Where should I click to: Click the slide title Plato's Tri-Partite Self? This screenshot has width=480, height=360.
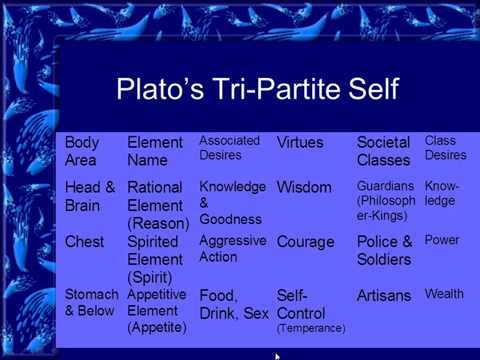pos(258,89)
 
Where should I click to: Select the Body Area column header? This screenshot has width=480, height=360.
pos(82,151)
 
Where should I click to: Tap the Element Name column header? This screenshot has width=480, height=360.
pos(155,151)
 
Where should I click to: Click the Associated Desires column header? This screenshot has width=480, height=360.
pos(229,148)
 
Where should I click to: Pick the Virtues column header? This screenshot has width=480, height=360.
pos(299,143)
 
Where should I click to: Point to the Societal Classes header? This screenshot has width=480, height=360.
pos(384,151)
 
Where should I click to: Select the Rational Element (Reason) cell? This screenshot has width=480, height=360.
pos(158,204)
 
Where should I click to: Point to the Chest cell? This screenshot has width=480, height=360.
pos(85,242)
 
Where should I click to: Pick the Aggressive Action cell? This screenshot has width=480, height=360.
pos(233,249)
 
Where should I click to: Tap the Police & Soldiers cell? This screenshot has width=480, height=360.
pos(385,250)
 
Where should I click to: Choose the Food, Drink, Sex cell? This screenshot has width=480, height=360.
pos(234,305)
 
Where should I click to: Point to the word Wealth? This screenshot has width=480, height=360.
pos(444,294)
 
